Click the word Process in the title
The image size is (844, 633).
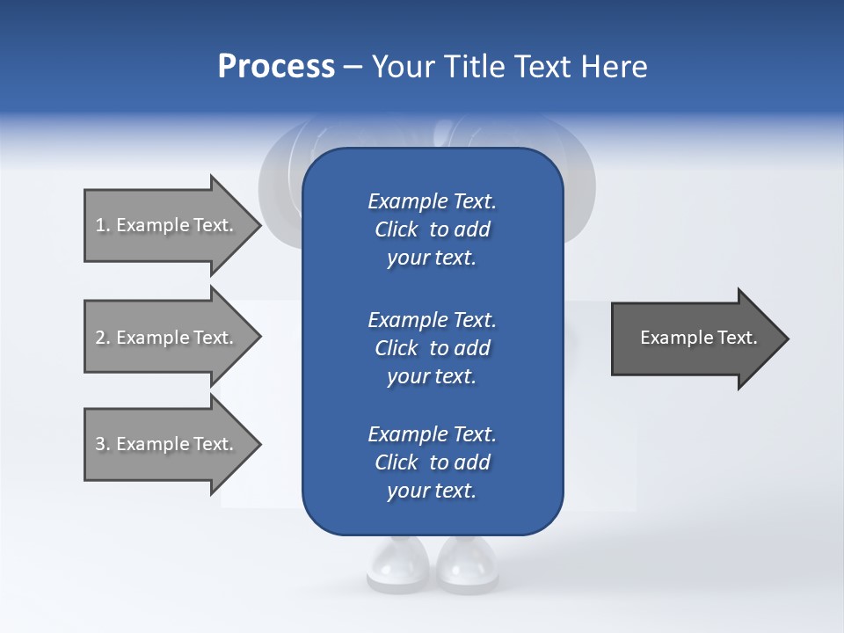(x=276, y=67)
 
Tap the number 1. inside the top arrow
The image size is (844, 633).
(x=103, y=225)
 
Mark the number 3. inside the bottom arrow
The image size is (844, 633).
(x=103, y=444)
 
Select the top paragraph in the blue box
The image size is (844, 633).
(x=432, y=229)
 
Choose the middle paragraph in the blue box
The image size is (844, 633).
(x=432, y=348)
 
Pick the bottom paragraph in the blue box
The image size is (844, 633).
(x=432, y=462)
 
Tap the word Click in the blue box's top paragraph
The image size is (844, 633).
(x=397, y=229)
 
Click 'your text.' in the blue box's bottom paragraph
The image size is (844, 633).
(x=432, y=491)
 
